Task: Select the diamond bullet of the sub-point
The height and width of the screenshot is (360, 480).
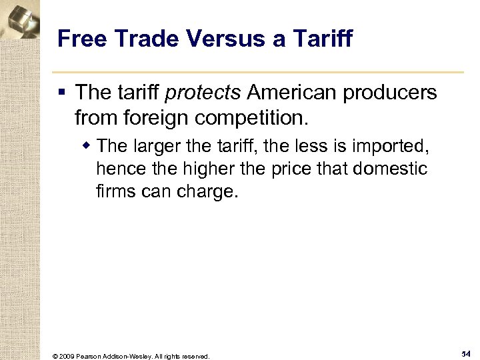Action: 87,145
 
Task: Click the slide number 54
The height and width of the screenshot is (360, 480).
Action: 466,353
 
